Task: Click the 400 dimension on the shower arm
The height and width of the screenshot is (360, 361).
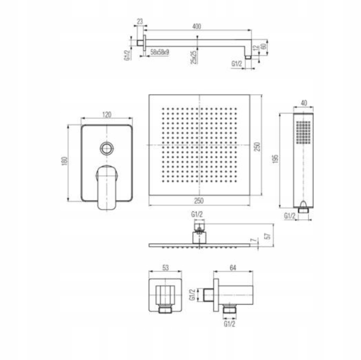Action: click(x=196, y=26)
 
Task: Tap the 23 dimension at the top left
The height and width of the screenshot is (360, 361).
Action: click(x=140, y=22)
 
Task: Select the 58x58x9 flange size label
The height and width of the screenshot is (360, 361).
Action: click(x=159, y=52)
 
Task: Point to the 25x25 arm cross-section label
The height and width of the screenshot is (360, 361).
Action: click(x=194, y=57)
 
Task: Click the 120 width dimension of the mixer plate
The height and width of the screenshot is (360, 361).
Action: click(x=106, y=114)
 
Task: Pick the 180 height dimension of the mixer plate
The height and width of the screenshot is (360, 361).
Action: click(x=65, y=161)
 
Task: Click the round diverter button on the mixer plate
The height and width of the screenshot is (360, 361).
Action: click(x=106, y=148)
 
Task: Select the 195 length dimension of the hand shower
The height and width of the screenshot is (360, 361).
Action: click(x=275, y=159)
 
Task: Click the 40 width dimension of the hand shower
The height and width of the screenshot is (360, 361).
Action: click(x=304, y=103)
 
